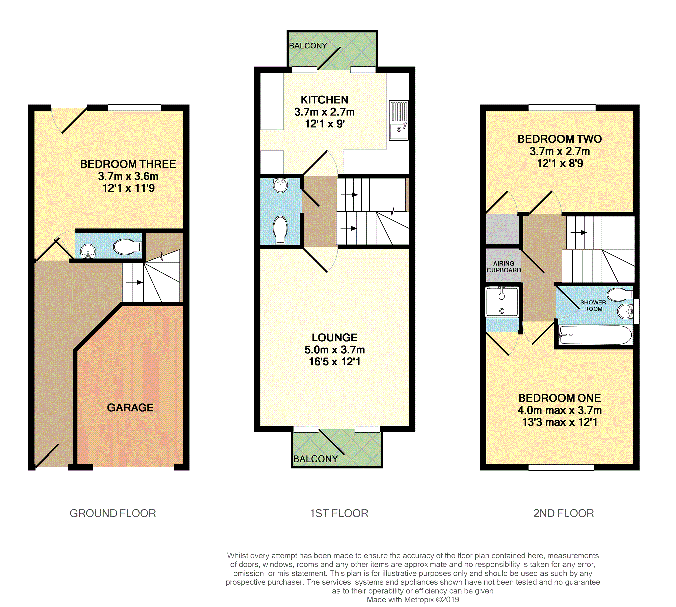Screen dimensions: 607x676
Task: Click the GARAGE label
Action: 130,407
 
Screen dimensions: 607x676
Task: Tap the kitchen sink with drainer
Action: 399,120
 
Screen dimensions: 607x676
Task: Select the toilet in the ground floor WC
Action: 127,247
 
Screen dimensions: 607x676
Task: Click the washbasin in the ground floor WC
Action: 88,251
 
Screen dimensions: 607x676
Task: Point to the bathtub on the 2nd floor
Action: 595,335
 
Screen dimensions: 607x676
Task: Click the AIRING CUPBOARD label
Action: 504,267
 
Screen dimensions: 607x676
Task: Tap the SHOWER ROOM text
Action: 593,305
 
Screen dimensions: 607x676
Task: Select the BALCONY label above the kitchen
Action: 308,46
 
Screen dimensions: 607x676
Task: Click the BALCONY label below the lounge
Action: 315,459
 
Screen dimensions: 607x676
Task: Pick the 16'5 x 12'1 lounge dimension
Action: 334,362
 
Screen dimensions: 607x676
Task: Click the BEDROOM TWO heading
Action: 559,139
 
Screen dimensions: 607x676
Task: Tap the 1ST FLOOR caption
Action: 339,513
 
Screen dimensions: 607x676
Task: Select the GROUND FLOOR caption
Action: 112,513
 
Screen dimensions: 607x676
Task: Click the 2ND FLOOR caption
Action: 564,513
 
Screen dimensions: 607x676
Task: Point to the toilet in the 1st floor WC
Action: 280,229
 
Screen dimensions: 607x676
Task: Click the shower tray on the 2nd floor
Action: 502,301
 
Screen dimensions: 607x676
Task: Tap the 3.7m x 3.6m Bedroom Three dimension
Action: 128,176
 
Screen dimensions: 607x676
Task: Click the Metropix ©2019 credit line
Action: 413,599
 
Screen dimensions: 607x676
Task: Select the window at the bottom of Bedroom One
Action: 561,467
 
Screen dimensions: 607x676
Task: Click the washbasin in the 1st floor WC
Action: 280,185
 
